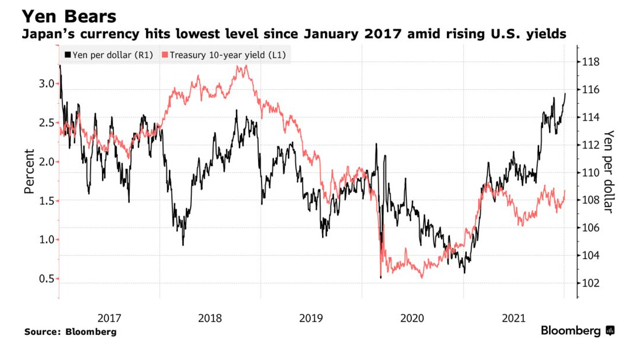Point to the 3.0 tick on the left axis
[x=46, y=84]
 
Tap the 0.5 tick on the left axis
[x=46, y=279]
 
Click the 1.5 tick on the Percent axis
[x=46, y=201]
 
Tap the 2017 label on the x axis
[x=109, y=318]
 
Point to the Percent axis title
[x=29, y=171]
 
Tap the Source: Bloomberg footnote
[x=70, y=332]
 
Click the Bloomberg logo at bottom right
[x=577, y=331]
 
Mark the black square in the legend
[x=67, y=55]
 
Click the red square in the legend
[x=165, y=55]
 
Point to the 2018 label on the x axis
[x=210, y=318]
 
